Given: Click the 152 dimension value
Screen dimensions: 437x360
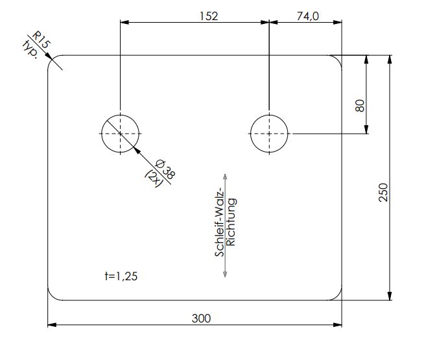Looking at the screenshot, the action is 209,16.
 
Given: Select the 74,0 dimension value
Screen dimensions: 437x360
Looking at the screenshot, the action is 308,16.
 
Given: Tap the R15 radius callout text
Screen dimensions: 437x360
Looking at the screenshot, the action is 41,40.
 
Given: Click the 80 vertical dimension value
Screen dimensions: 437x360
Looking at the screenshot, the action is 360,106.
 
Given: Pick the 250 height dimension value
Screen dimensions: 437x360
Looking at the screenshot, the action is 383,193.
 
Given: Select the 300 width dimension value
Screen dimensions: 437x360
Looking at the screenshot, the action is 201,318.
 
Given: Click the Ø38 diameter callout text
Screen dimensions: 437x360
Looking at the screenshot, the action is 165,169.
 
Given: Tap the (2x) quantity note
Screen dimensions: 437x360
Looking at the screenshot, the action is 154,178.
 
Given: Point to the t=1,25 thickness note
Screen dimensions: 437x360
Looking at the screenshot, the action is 121,276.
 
